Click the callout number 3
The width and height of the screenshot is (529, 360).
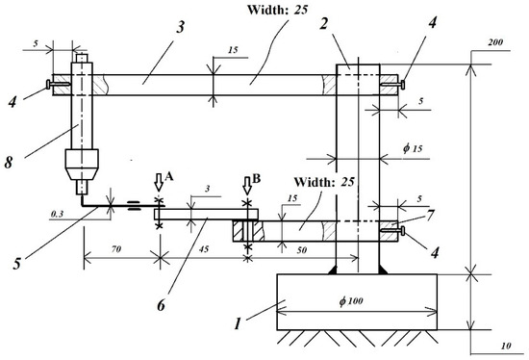coord(181,27)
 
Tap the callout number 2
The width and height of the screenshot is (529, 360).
coord(324,23)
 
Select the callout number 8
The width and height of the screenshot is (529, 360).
coord(9,163)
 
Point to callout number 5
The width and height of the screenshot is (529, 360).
coord(17,263)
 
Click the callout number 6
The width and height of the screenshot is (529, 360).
coord(162,305)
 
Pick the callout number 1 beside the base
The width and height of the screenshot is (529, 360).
coord(238,323)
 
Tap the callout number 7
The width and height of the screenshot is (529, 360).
coord(430,216)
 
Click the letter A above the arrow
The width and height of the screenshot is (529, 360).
coord(169,175)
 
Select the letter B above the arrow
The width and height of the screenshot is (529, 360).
coord(257,179)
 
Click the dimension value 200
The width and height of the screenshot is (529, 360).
coord(495,42)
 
